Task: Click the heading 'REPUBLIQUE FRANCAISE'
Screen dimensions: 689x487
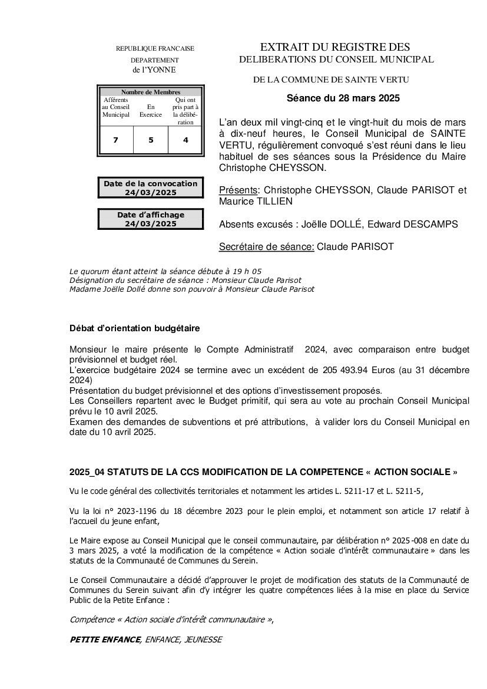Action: pyautogui.click(x=155, y=48)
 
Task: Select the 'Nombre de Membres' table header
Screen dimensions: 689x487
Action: pyautogui.click(x=151, y=92)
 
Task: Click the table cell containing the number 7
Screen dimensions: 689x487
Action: pyautogui.click(x=115, y=140)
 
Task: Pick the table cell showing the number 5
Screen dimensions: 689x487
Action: pyautogui.click(x=151, y=140)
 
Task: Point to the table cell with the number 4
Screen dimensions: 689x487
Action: pyautogui.click(x=185, y=140)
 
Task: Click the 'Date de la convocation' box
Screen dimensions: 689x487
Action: pyautogui.click(x=151, y=188)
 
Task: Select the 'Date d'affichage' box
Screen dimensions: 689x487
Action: pyautogui.click(x=151, y=219)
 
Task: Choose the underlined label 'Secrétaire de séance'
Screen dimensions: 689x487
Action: pyautogui.click(x=266, y=246)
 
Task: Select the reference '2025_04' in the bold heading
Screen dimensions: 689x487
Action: pyautogui.click(x=87, y=472)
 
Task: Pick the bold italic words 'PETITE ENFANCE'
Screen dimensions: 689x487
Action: pyautogui.click(x=105, y=639)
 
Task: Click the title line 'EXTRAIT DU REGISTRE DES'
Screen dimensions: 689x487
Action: pyautogui.click(x=335, y=47)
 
